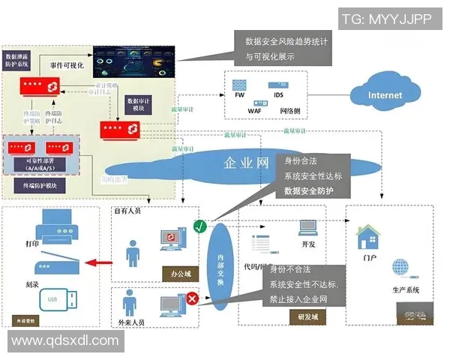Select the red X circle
[x=192, y=298]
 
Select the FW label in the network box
[x=239, y=96]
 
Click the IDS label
[x=278, y=96]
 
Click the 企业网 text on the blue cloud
[x=247, y=162]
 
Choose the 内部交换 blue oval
[x=220, y=262]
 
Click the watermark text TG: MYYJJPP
[x=386, y=19]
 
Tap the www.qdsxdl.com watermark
[x=65, y=340]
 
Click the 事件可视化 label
[x=67, y=65]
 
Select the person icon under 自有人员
[x=133, y=253]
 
